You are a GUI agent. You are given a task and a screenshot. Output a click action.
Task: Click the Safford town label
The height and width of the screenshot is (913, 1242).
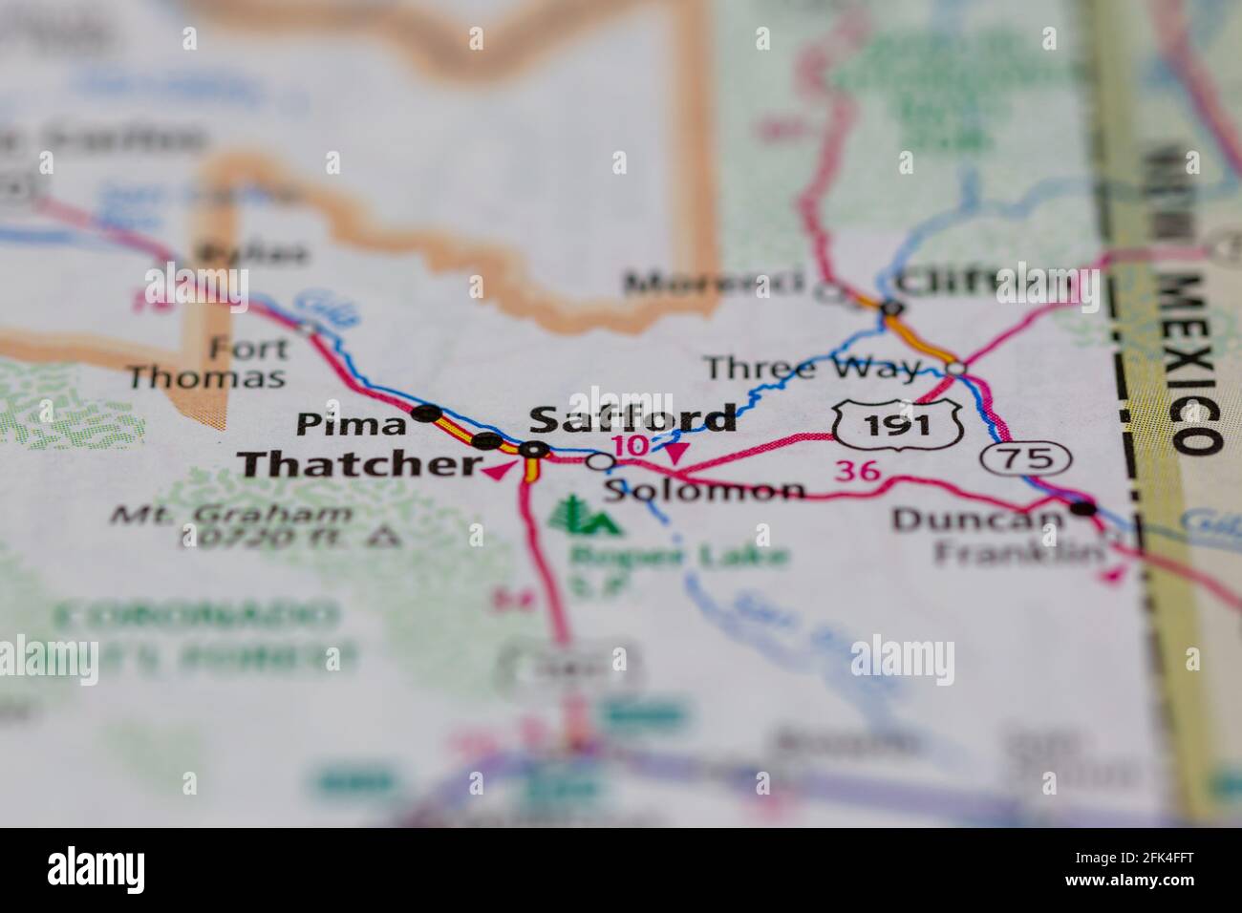click(632, 418)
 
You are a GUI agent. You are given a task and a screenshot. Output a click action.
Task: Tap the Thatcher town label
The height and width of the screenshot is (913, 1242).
click(359, 465)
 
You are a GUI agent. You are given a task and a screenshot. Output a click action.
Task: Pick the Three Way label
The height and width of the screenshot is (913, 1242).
click(812, 368)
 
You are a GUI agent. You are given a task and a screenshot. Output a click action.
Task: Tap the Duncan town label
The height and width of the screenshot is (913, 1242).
click(976, 520)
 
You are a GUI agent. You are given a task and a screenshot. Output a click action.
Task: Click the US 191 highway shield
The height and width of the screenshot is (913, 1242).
click(895, 424)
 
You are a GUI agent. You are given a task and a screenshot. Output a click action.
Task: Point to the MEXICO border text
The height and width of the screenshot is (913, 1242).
click(1190, 363)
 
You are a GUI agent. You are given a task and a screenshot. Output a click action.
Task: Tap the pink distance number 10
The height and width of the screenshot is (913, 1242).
click(632, 446)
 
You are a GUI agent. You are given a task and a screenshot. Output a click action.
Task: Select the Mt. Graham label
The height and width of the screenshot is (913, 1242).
click(231, 515)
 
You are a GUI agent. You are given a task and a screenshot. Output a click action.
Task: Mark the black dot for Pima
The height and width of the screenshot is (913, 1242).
click(427, 414)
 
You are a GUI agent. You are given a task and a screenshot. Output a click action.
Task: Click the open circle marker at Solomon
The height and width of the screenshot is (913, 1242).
click(600, 462)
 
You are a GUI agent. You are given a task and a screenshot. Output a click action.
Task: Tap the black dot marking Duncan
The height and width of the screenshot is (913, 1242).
click(1082, 508)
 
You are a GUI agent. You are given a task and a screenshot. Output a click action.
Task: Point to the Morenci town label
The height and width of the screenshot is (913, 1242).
click(713, 283)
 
